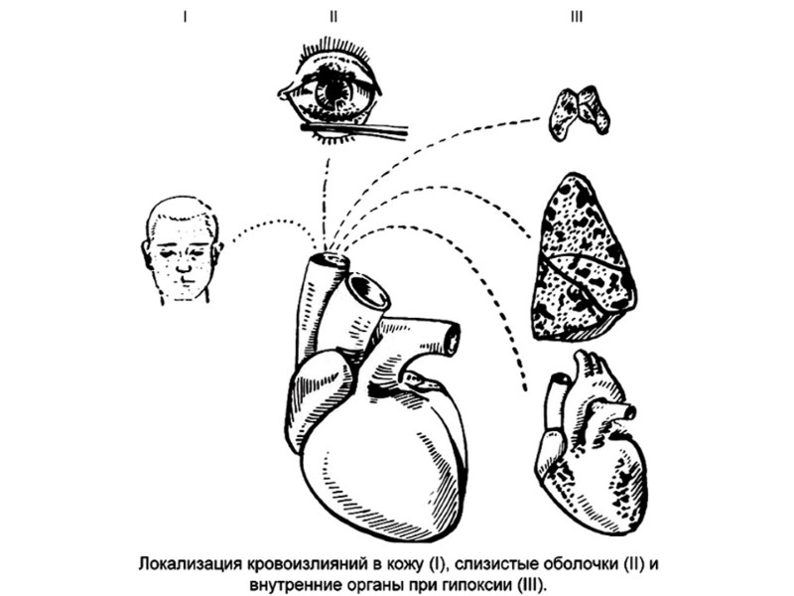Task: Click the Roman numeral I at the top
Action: pyautogui.click(x=185, y=17)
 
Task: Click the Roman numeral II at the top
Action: pyautogui.click(x=334, y=17)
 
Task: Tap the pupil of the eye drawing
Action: pyautogui.click(x=334, y=92)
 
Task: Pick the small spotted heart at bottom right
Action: pyautogui.click(x=592, y=442)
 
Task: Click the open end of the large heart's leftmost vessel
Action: pyautogui.click(x=328, y=261)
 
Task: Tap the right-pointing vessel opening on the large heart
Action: pyautogui.click(x=453, y=339)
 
